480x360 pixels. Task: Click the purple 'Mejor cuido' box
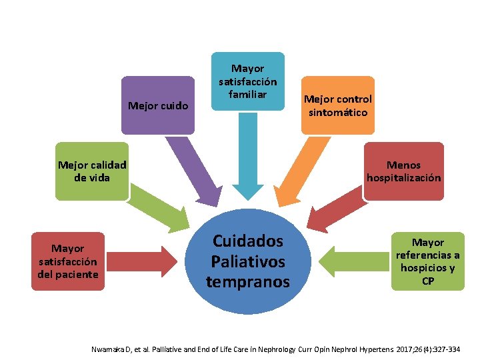[158, 105]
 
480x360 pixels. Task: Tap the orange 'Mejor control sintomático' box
[337, 106]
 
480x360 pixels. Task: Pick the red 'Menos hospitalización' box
[403, 171]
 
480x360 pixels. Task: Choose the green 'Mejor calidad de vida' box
[92, 171]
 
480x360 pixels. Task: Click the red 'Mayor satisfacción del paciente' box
[68, 261]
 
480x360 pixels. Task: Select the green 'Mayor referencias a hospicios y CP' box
[427, 261]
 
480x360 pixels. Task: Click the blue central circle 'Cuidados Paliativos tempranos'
[248, 261]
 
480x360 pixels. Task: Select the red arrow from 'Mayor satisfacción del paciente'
[143, 261]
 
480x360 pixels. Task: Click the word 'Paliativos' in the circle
[248, 261]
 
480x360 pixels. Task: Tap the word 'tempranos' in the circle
[248, 281]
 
